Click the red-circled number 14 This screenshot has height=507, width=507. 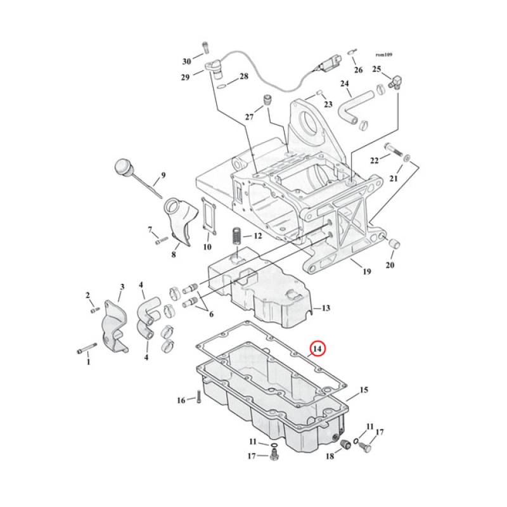point(317,349)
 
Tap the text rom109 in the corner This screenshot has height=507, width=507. point(384,55)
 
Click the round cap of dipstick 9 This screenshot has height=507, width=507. point(122,168)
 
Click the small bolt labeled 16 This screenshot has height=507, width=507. point(198,398)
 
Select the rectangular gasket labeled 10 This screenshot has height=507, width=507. point(208,216)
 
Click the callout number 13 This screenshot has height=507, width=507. point(324,309)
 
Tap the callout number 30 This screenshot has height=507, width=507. point(186,61)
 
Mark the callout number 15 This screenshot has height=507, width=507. point(364,390)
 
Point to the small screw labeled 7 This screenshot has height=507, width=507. point(161,240)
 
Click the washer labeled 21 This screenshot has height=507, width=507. point(407,156)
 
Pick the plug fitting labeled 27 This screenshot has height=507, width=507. point(267,100)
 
